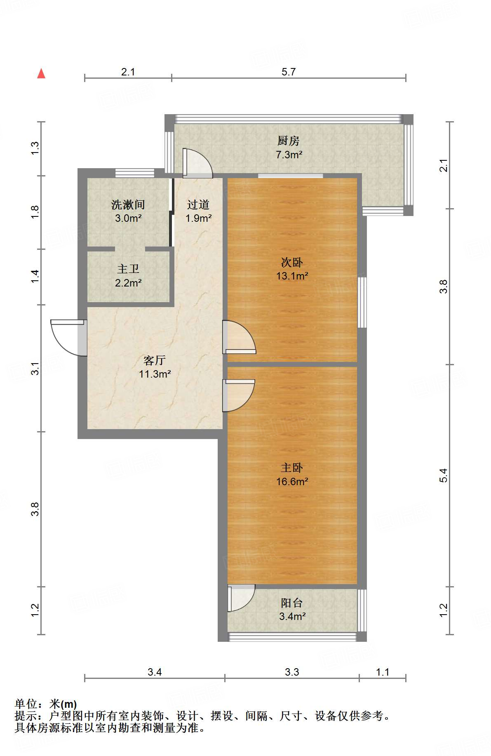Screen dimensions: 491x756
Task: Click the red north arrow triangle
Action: coord(41,73)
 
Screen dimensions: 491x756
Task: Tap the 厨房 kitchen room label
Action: coord(289,141)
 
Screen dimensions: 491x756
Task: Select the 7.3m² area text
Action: coord(289,155)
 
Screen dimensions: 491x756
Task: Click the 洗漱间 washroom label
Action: coord(128,204)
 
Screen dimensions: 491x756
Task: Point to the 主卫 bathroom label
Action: coord(128,269)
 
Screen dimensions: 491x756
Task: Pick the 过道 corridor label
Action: coord(198,204)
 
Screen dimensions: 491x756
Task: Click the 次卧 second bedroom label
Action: coord(292,262)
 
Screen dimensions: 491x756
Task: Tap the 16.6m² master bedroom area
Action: coord(292,481)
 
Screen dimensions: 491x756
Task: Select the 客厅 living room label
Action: coord(155,360)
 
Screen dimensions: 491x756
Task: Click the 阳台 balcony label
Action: coord(292,603)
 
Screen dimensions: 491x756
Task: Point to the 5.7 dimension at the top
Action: coord(289,72)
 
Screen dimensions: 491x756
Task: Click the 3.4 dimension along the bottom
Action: coord(155,672)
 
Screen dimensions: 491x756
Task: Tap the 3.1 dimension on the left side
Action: coord(35,369)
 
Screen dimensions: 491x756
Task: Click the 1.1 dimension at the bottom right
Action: coord(383,672)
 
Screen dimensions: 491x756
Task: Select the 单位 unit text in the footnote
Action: coord(26,704)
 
